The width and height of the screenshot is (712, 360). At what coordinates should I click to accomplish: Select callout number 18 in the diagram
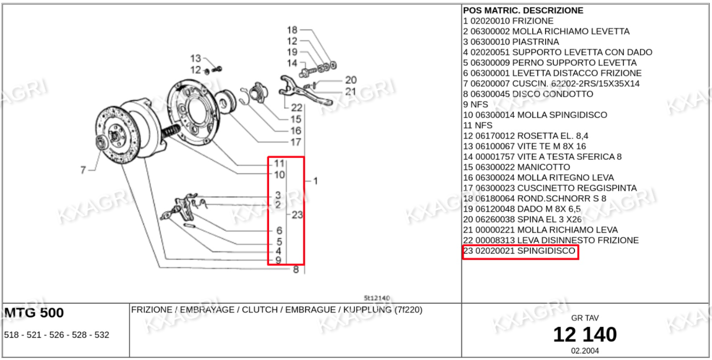[x=292, y=30]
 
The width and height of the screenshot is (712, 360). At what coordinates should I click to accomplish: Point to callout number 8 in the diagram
[x=296, y=270]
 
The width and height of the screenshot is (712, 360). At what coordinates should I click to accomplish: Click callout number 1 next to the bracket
[x=316, y=181]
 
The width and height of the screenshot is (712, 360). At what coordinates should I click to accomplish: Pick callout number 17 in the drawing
[x=296, y=142]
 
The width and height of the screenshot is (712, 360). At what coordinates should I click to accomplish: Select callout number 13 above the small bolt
[x=195, y=58]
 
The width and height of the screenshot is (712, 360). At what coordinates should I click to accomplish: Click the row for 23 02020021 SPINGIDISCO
[x=520, y=251]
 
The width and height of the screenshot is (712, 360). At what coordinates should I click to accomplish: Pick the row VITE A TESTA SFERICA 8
[x=542, y=157]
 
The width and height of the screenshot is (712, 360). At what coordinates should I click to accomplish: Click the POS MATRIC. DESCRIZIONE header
[x=523, y=11]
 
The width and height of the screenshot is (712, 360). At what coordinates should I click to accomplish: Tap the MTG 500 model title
[x=34, y=313]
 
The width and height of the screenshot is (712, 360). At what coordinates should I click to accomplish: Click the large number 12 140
[x=585, y=335]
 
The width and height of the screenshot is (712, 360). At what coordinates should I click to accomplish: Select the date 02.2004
[x=585, y=351]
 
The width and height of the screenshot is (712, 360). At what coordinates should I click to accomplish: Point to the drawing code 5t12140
[x=376, y=298]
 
